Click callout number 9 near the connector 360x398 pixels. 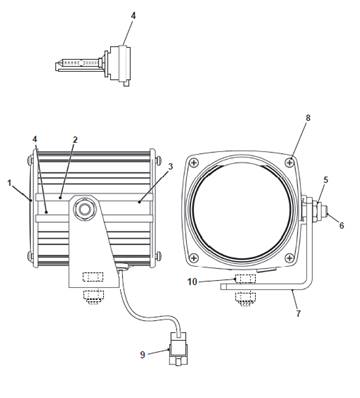(143, 355)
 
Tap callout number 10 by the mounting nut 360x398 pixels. (192, 282)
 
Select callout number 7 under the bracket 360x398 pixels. (298, 314)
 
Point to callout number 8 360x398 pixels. (308, 118)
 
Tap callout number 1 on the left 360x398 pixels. (10, 183)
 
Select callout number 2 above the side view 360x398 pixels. (75, 140)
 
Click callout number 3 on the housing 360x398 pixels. (171, 167)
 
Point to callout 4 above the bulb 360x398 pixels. (133, 16)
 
